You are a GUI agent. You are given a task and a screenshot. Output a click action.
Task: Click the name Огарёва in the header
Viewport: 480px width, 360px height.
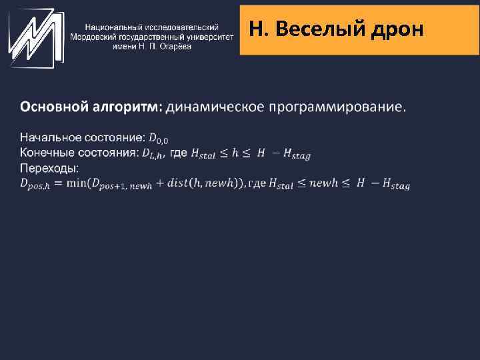click(173, 46)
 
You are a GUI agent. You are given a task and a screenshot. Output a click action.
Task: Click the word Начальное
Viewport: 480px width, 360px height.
click(48, 138)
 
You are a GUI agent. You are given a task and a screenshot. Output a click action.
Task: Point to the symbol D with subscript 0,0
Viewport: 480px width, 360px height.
click(159, 139)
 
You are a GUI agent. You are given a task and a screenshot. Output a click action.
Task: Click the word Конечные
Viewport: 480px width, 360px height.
click(46, 153)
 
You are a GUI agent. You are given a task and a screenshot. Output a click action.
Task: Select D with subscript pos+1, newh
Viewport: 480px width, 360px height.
click(121, 185)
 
